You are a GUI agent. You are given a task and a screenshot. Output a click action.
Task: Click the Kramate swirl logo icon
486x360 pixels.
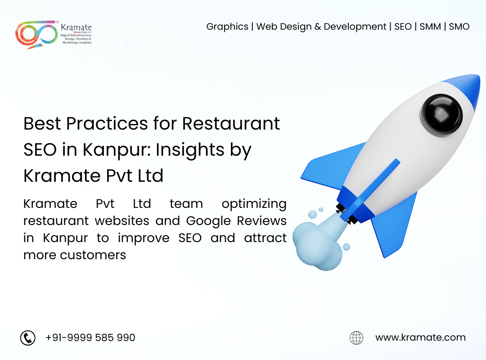click(36, 34)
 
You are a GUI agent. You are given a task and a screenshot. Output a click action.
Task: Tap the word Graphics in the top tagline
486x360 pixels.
click(227, 27)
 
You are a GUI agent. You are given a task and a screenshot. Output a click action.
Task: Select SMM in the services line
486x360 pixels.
click(430, 27)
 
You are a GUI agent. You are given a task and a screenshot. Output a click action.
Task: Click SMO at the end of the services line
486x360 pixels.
click(459, 27)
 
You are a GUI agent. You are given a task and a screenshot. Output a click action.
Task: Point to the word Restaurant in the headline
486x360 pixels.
click(231, 123)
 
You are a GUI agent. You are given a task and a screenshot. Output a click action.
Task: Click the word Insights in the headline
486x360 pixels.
click(190, 150)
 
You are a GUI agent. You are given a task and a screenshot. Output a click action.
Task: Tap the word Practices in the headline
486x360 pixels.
click(107, 123)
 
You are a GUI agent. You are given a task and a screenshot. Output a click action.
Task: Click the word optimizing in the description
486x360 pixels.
click(254, 204)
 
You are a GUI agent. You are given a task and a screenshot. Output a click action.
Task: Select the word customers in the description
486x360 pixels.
click(93, 255)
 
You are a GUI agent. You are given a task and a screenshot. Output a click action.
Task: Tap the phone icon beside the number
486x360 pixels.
click(28, 337)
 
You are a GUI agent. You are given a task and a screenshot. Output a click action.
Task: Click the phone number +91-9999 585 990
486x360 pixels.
click(90, 337)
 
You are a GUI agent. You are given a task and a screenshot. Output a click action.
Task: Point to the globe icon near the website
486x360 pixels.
click(356, 337)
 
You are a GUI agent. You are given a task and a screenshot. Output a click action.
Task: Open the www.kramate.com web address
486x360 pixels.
click(420, 337)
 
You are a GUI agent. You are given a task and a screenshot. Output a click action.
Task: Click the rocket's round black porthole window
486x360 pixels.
click(441, 114)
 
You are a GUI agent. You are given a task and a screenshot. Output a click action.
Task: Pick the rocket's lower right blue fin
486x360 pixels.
click(394, 223)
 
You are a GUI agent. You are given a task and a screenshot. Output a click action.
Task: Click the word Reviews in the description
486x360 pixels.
click(261, 221)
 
